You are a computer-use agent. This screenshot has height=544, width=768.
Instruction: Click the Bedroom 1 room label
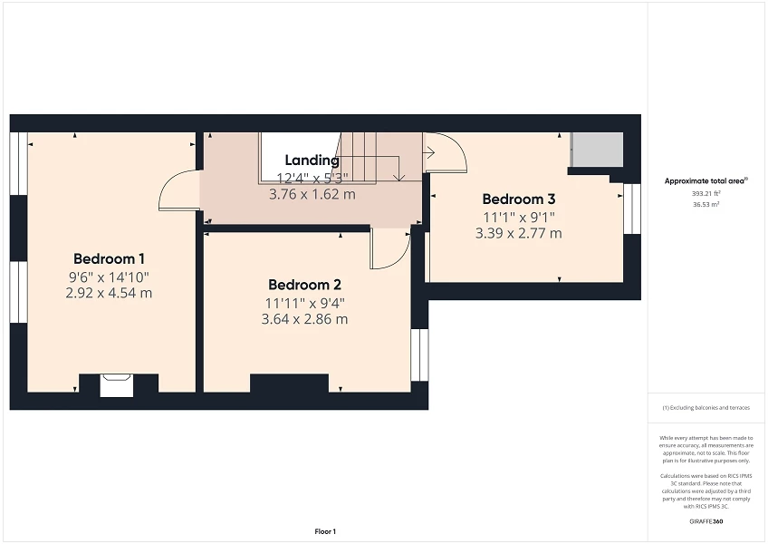pyautogui.click(x=109, y=258)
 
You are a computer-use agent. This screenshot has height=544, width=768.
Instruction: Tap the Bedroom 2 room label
pyautogui.click(x=304, y=285)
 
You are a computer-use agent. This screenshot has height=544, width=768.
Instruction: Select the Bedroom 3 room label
pyautogui.click(x=519, y=199)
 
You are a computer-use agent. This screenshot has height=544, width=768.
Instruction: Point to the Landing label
pyautogui.click(x=312, y=160)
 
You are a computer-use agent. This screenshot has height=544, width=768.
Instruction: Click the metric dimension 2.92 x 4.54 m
pyautogui.click(x=109, y=294)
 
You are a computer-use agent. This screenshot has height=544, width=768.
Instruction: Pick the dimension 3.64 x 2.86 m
pyautogui.click(x=304, y=319)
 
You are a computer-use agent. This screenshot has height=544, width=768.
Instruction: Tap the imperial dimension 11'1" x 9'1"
pyautogui.click(x=519, y=217)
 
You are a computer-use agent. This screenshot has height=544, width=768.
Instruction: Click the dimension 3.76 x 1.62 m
pyautogui.click(x=312, y=194)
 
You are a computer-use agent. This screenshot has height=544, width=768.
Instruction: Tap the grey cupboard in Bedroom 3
pyautogui.click(x=597, y=149)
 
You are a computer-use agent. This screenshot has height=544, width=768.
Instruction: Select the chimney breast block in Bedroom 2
pyautogui.click(x=289, y=384)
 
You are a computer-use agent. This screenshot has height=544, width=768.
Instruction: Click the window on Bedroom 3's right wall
pyautogui.click(x=632, y=209)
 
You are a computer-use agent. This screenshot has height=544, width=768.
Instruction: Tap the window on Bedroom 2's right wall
pyautogui.click(x=419, y=355)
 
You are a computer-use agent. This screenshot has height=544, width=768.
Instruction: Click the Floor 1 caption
pyautogui.click(x=325, y=531)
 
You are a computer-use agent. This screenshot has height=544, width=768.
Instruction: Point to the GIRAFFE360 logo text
pyautogui.click(x=706, y=521)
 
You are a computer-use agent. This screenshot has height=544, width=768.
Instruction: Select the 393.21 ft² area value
pyautogui.click(x=706, y=194)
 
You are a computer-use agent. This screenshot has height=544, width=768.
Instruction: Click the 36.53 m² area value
pyautogui.click(x=706, y=205)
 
